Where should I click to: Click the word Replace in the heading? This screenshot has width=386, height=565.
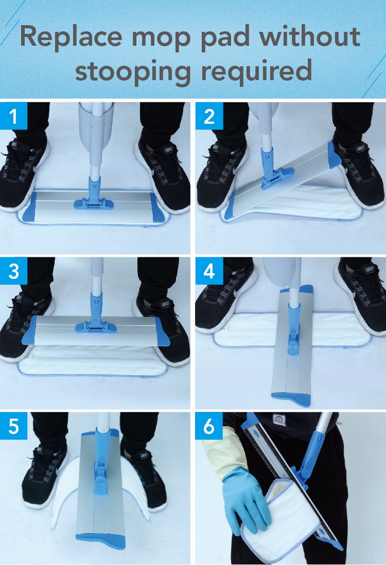pos(71,37)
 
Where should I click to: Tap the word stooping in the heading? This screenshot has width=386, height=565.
pos(132,71)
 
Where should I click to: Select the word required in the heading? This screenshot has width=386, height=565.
pos(256,71)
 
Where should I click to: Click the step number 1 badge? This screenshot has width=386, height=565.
pos(13,116)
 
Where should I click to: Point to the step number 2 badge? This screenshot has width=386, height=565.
pos(209,116)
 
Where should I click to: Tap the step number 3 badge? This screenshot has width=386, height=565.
pos(13,271)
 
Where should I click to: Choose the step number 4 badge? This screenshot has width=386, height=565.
pos(209,271)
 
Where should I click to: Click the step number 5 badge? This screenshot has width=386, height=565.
pos(13,426)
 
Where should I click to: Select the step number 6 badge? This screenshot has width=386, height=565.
pos(209,426)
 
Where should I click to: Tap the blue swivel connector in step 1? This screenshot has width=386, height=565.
pos(94,195)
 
